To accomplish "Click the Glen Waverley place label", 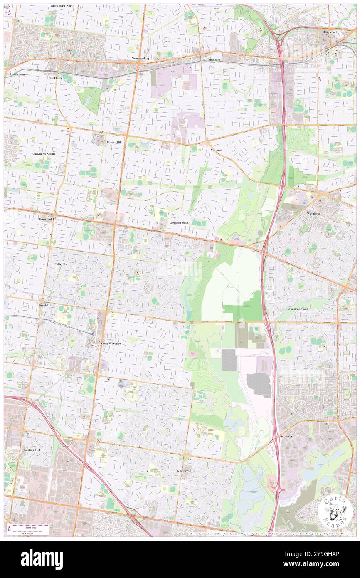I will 111,344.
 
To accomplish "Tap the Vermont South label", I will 180,223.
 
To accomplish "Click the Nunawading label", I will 141,58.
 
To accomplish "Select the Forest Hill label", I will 114,142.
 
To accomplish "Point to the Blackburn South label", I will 43,154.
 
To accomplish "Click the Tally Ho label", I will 60,264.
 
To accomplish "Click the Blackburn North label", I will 62,6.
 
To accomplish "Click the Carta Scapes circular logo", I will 336,511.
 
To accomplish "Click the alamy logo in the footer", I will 42,559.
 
